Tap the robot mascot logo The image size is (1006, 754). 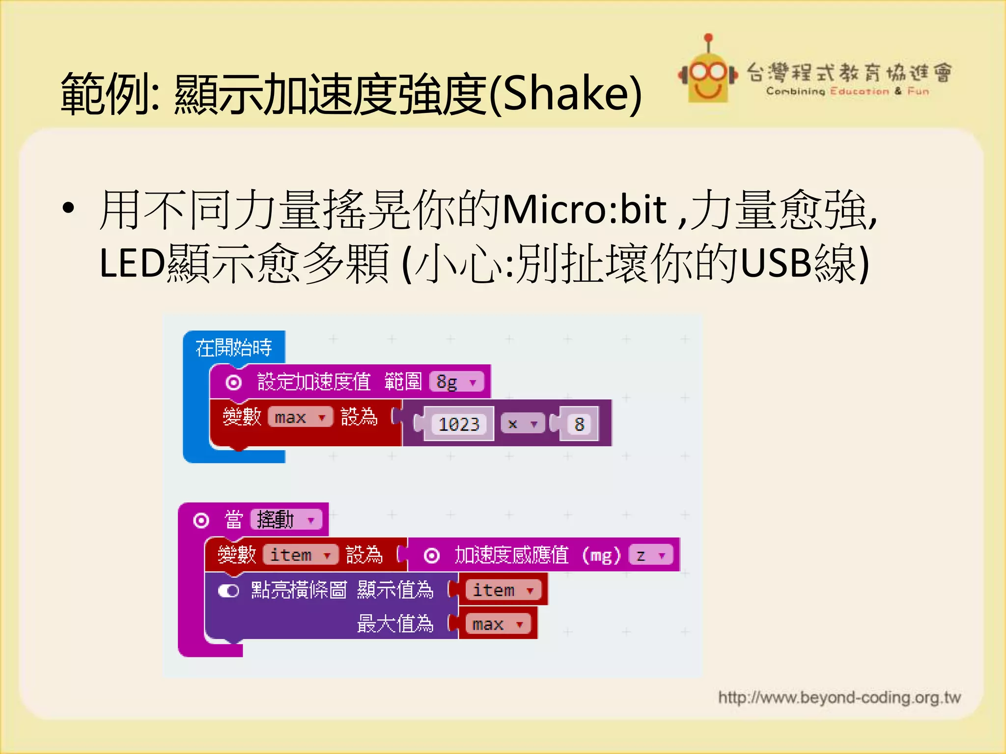[707, 74]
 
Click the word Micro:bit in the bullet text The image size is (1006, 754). [585, 210]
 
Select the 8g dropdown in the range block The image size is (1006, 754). [456, 382]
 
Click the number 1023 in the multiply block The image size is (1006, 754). [459, 424]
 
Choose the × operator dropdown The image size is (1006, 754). [522, 424]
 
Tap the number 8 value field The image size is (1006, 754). [579, 424]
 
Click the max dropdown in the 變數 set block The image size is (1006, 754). [300, 417]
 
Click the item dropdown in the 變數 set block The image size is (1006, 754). [300, 555]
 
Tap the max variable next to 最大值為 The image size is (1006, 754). [497, 624]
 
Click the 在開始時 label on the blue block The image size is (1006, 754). [233, 348]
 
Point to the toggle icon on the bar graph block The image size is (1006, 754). [228, 591]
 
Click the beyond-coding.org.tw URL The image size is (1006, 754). [839, 698]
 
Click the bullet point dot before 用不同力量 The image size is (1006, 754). [68, 208]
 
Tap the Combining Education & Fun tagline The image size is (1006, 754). [847, 91]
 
